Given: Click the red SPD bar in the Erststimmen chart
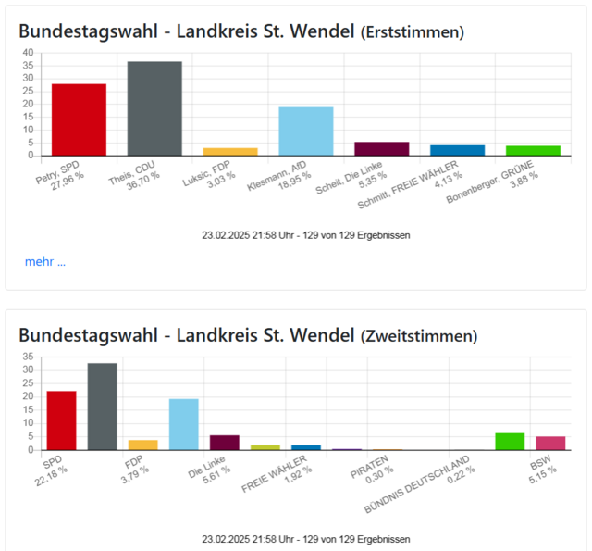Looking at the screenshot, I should tap(79, 119).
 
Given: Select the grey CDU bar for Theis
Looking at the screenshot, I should tap(154, 108).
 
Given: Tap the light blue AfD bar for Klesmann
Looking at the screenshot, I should tap(306, 131).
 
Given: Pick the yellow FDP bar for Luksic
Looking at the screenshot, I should tap(230, 151).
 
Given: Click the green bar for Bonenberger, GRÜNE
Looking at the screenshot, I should tap(533, 150).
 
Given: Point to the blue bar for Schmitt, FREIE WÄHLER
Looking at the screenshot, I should tap(457, 150).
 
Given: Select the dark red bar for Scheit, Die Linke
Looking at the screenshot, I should tap(381, 148).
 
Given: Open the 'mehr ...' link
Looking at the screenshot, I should tap(45, 261).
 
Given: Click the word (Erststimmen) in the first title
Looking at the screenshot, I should tap(412, 33).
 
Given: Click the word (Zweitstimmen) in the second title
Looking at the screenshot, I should tap(419, 334).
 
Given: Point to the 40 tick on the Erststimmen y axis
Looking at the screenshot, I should tap(29, 53).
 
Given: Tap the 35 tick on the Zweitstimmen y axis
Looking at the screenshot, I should tap(29, 357).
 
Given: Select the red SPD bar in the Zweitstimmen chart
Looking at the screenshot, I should tap(61, 420).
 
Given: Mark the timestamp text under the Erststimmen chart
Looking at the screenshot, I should tap(306, 235).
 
